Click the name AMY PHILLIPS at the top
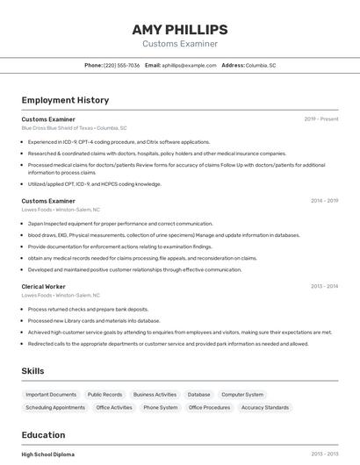pyautogui.click(x=180, y=30)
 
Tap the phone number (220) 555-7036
pyautogui.click(x=121, y=65)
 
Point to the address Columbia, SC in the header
pyautogui.click(x=261, y=65)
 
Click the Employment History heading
pyautogui.click(x=65, y=100)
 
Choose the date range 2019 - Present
pyautogui.click(x=321, y=118)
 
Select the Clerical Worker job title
pyautogui.click(x=44, y=286)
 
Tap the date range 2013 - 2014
pyautogui.click(x=324, y=286)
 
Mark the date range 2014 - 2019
pyautogui.click(x=324, y=201)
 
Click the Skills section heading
pyautogui.click(x=33, y=371)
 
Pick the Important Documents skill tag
pyautogui.click(x=51, y=395)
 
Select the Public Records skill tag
pyautogui.click(x=105, y=395)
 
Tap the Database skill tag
pyautogui.click(x=199, y=395)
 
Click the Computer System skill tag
pyautogui.click(x=242, y=395)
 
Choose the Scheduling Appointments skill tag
pyautogui.click(x=55, y=407)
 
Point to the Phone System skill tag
pyautogui.click(x=161, y=407)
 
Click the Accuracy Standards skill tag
pyautogui.click(x=265, y=407)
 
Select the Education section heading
pyautogui.click(x=43, y=434)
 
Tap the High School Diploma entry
pyautogui.click(x=48, y=454)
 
